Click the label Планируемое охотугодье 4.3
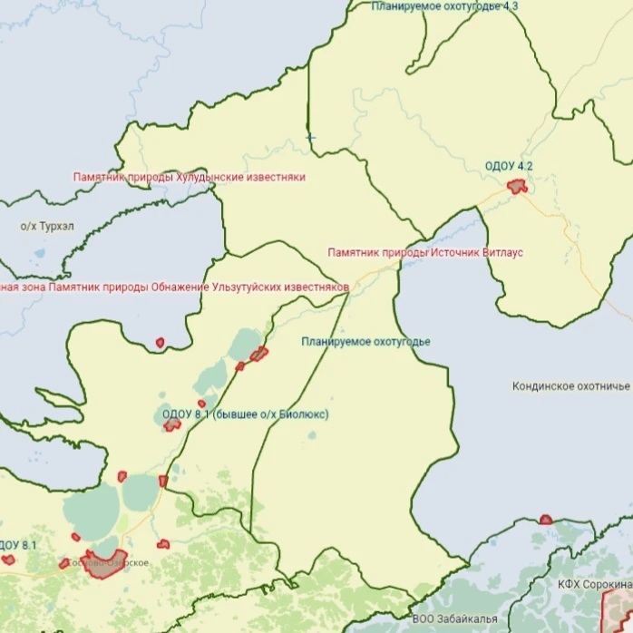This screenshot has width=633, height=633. [444, 6]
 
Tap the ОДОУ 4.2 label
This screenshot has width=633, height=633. [509, 166]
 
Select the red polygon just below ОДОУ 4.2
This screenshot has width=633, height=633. [517, 187]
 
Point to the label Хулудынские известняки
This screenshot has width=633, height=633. [189, 178]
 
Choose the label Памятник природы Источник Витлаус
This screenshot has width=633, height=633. [425, 252]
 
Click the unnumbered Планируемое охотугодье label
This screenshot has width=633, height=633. [365, 342]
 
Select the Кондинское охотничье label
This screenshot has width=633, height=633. [570, 386]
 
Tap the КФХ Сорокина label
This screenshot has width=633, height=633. [594, 585]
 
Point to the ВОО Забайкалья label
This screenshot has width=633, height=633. [454, 618]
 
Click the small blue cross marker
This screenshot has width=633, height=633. [311, 138]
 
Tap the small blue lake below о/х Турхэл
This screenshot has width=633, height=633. [38, 254]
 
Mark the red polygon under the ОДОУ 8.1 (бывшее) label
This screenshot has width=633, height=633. [171, 424]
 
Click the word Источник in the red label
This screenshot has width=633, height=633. [452, 252]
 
